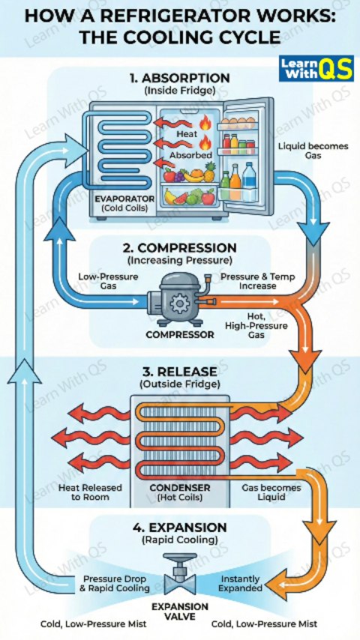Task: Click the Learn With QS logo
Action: (x=316, y=68)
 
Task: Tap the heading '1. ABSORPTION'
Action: (x=180, y=77)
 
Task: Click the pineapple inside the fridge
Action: (x=210, y=172)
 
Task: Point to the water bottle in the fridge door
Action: (x=249, y=181)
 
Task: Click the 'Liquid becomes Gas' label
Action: (x=313, y=151)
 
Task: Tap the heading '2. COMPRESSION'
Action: (x=180, y=248)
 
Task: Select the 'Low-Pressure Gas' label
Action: (x=108, y=281)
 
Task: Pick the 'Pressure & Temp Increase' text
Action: (x=258, y=281)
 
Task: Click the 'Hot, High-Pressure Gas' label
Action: (x=256, y=325)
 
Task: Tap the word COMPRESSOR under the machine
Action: (x=180, y=335)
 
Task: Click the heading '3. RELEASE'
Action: (x=180, y=372)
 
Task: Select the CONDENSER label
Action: (x=180, y=488)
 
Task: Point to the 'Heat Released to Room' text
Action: (x=90, y=492)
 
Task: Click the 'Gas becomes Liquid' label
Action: (x=271, y=492)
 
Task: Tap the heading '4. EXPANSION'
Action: (x=179, y=527)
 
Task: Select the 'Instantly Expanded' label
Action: (x=240, y=584)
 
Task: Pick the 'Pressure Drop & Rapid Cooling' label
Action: (x=116, y=584)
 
